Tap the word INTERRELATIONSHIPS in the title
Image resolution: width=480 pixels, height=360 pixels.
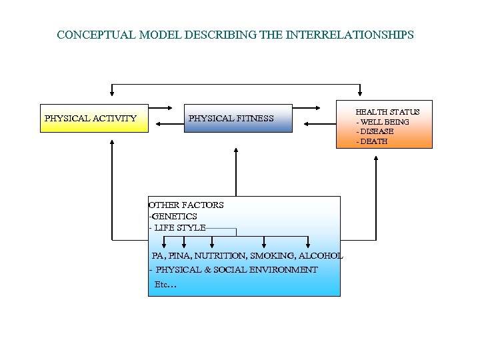(x=350, y=34)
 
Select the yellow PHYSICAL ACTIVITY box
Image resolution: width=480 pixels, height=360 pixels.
(x=94, y=119)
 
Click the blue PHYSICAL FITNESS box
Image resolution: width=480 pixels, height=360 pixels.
(x=238, y=119)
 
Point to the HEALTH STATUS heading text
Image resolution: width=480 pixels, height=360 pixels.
(x=387, y=112)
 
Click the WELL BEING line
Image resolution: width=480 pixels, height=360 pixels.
(x=383, y=122)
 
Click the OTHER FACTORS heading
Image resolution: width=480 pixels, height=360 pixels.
(x=186, y=205)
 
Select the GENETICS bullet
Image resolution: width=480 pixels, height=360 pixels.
(x=173, y=216)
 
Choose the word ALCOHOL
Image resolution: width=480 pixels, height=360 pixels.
(x=321, y=255)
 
